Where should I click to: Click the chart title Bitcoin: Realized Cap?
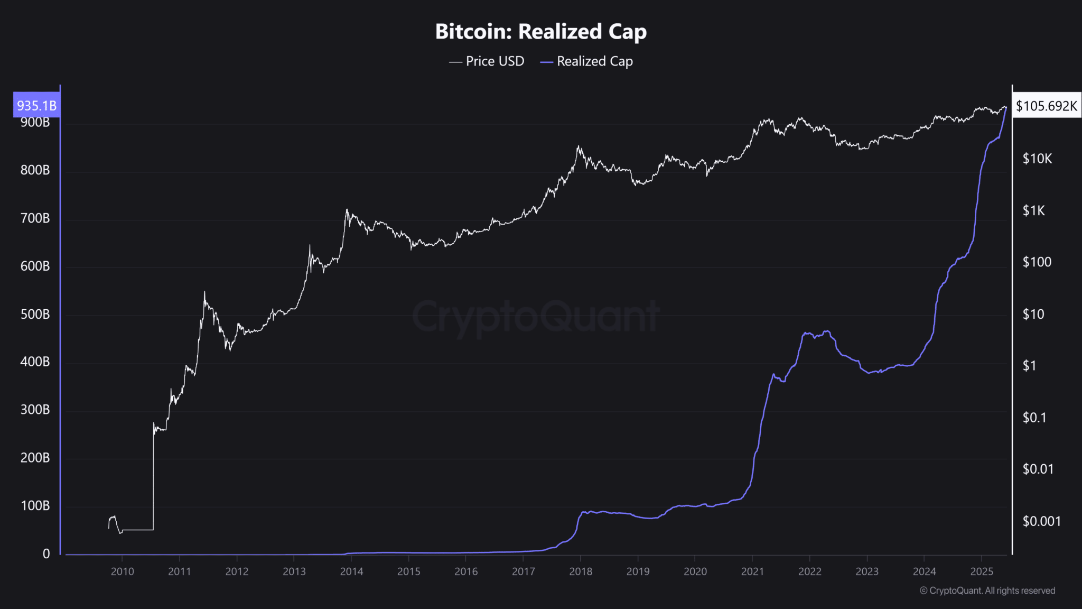pyautogui.click(x=540, y=32)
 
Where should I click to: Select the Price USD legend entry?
pyautogui.click(x=487, y=61)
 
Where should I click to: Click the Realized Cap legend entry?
pyautogui.click(x=586, y=61)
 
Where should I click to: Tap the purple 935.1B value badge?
pyautogui.click(x=36, y=105)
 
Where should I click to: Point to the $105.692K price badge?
pyautogui.click(x=1046, y=106)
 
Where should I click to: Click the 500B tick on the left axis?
pyautogui.click(x=35, y=314)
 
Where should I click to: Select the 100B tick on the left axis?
pyautogui.click(x=35, y=505)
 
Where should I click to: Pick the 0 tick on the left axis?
pyautogui.click(x=46, y=553)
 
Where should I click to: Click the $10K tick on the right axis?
pyautogui.click(x=1037, y=159)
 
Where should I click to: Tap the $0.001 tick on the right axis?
pyautogui.click(x=1041, y=521)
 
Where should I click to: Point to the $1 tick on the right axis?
pyautogui.click(x=1029, y=365)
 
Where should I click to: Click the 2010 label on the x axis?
pyautogui.click(x=122, y=571)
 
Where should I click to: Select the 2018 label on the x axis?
pyautogui.click(x=581, y=571)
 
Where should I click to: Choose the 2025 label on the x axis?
pyautogui.click(x=982, y=571)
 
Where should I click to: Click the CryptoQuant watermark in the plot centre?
pyautogui.click(x=535, y=316)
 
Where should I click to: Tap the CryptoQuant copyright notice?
pyautogui.click(x=987, y=590)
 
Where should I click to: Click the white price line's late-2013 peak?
pyautogui.click(x=347, y=210)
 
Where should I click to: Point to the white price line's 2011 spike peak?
pyautogui.click(x=204, y=292)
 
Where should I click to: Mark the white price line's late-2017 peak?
pyautogui.click(x=578, y=146)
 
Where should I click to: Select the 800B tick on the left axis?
pyautogui.click(x=35, y=170)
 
